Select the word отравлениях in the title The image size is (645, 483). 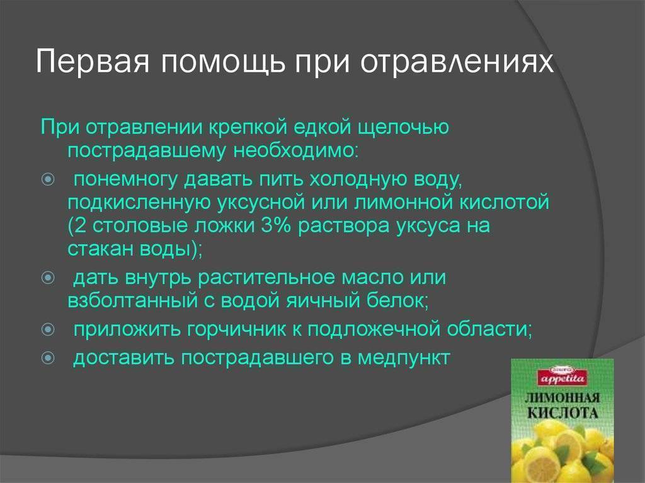click(457, 62)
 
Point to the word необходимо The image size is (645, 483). click(296, 151)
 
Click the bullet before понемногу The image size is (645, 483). click(48, 179)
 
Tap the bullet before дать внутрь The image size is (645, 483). click(48, 278)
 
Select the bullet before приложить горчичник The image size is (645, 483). click(48, 329)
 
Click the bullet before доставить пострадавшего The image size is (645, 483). click(48, 358)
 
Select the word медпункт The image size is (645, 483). click(404, 358)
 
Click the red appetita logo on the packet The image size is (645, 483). click(562, 377)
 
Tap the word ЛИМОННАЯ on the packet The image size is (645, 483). click(562, 398)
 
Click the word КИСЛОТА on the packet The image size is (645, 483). click(562, 412)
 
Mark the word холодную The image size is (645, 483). click(357, 179)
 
